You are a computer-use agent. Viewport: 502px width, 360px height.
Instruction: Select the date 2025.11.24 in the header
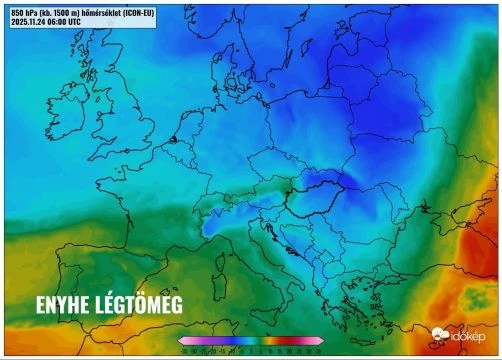point(31,21)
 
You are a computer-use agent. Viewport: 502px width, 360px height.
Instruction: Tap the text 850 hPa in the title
point(26,12)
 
